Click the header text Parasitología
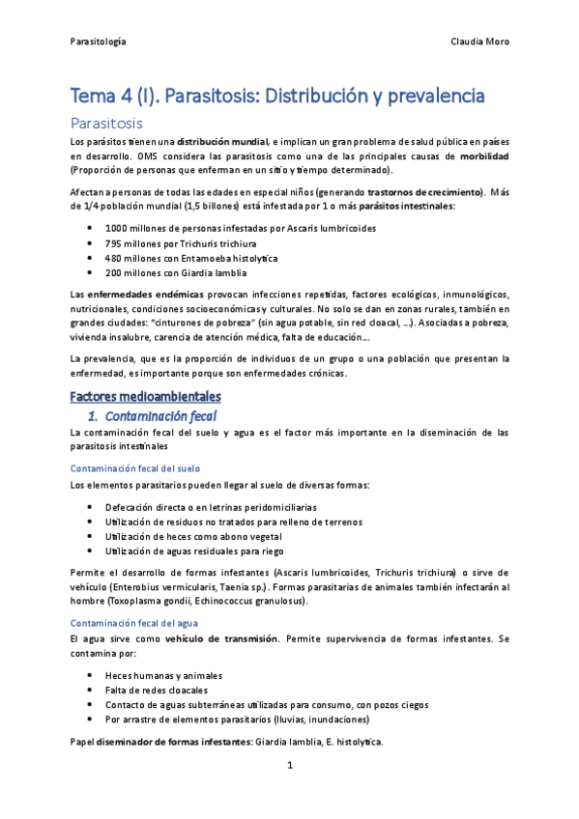99,42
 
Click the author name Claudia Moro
480,42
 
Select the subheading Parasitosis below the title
107,124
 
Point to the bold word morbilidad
484,155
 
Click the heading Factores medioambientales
146,397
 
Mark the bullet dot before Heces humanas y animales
90,676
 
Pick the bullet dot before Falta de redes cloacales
90,691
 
